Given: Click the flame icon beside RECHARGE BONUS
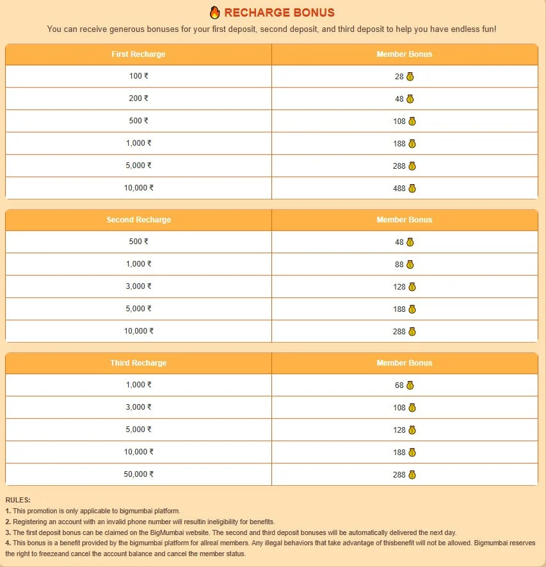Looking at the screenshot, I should coord(214,13).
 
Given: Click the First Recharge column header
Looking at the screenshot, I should coord(138,54).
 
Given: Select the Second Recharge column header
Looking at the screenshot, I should coord(138,220).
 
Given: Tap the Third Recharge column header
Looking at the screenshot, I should coord(138,363).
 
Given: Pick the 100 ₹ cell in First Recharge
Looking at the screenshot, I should coord(138,76).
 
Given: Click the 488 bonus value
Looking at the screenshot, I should coord(399,189).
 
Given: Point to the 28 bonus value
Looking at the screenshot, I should coord(399,77).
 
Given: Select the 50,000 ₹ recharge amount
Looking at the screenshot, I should coord(138,474).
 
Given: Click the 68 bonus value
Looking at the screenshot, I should coord(399,385).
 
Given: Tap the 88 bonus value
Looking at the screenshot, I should coord(399,265).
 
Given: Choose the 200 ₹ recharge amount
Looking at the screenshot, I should coord(138,98).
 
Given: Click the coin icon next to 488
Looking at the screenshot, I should coord(412,189).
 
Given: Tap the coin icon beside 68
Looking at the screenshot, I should coord(410,385).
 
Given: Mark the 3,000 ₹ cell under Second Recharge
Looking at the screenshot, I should coord(138,286).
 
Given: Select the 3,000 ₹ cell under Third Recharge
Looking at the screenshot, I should coord(138,407).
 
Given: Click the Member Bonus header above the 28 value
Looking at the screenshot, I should coord(404,54).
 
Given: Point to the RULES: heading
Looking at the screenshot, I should coord(17,500).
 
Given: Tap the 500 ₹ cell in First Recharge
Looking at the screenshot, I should coord(138,121).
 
